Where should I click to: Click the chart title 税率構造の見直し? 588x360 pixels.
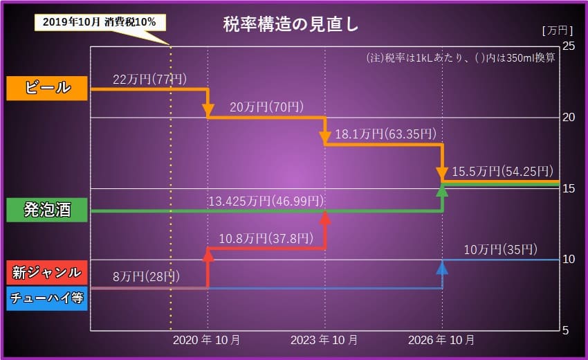pos(291,24)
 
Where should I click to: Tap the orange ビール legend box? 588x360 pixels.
pos(47,87)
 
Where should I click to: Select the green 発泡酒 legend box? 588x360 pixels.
pos(47,210)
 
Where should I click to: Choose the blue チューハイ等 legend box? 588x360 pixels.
pos(47,298)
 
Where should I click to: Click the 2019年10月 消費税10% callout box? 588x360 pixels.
pos(100,22)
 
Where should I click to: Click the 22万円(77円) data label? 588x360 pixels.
pos(149,79)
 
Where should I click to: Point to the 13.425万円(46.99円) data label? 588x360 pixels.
pos(266,201)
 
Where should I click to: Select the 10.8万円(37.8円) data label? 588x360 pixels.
pos(265,238)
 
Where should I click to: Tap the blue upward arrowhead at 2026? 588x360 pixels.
pos(442,267)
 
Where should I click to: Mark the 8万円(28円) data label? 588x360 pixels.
pos(146,277)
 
